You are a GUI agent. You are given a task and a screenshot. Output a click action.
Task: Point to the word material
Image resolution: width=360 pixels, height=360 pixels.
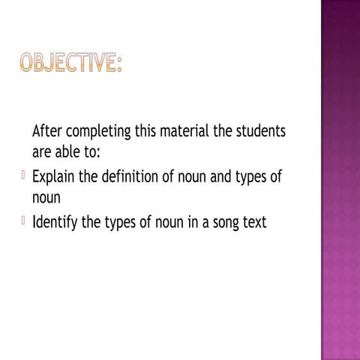[187, 131]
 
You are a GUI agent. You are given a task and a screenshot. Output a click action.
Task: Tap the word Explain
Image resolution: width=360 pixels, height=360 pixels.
[57, 178]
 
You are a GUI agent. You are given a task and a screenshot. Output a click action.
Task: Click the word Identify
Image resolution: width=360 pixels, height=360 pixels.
[57, 223]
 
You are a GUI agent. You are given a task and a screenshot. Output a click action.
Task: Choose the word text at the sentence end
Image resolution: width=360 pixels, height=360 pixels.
[253, 223]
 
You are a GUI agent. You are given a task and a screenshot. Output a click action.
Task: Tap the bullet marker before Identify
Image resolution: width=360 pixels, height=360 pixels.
[23, 222]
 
